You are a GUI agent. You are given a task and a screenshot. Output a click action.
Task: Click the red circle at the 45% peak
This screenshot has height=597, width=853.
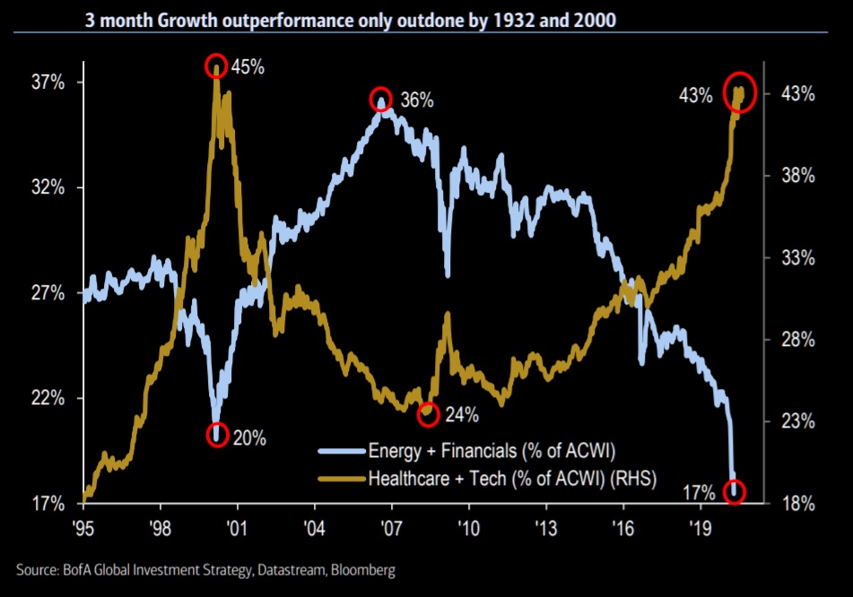click(x=215, y=65)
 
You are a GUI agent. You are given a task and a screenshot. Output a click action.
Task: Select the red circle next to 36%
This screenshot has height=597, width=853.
click(x=382, y=99)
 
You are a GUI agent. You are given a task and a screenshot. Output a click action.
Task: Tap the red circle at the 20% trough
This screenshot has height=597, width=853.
click(x=216, y=435)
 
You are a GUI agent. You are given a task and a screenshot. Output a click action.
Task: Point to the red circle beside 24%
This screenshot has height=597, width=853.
click(x=429, y=414)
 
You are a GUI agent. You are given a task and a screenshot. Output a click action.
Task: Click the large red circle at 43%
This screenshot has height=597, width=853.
click(x=740, y=92)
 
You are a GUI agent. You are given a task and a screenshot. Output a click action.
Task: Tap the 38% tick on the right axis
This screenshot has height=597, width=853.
click(x=796, y=176)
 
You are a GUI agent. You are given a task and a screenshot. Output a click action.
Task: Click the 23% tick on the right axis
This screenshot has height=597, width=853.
click(x=796, y=421)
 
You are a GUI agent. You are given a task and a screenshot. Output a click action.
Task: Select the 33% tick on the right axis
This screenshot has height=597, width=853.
click(x=796, y=258)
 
